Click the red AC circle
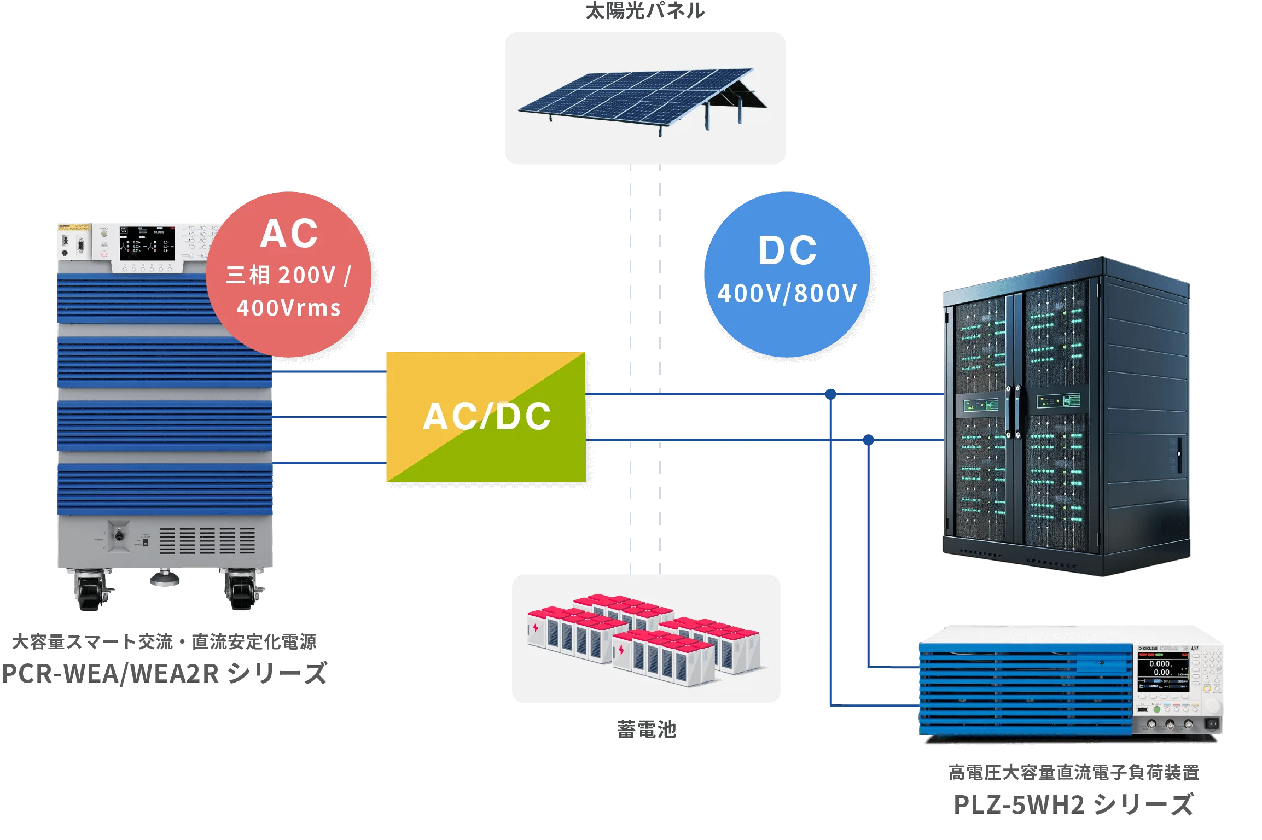(289, 273)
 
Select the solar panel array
(643, 98)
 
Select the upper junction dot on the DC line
(831, 393)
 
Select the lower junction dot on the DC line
(868, 439)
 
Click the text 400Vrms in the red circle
(289, 308)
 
